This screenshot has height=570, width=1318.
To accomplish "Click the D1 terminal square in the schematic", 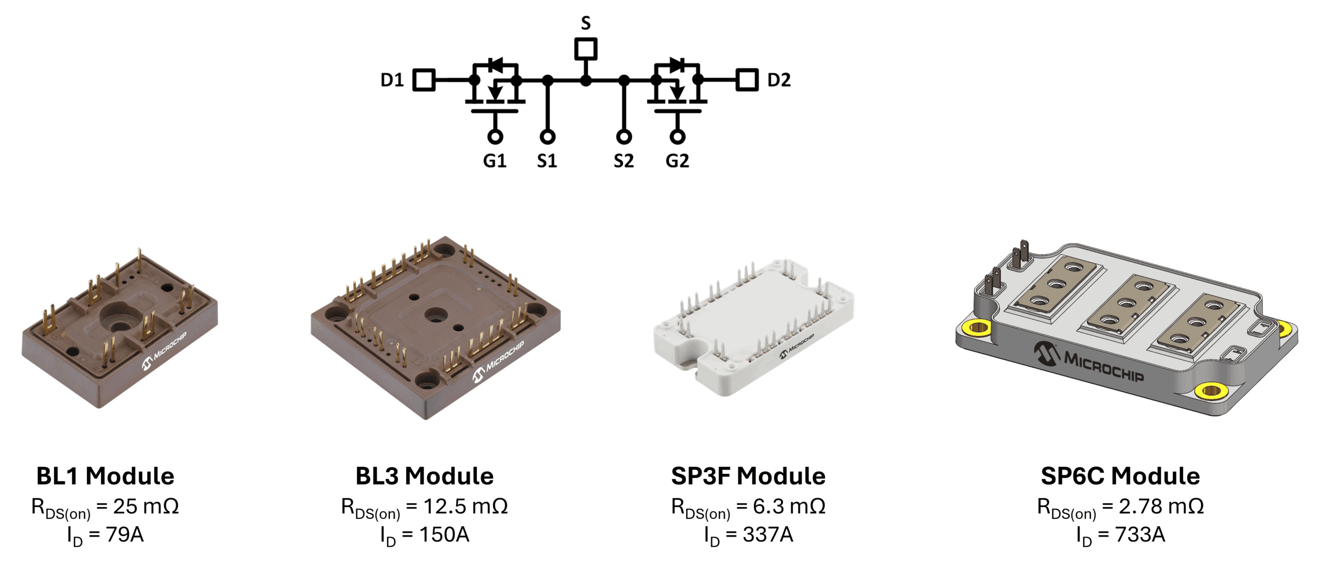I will (424, 80).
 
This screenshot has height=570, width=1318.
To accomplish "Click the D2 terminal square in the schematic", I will (747, 80).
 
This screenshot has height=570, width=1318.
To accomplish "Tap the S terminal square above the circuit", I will (585, 49).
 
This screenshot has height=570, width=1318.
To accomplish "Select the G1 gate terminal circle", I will (495, 137).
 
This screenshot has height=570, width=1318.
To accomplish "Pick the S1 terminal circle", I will (547, 137).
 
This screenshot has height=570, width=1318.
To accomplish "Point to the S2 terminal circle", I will (623, 137).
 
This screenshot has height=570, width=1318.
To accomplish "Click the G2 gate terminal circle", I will (678, 137).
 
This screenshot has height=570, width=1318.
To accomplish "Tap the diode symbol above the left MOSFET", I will (496, 65).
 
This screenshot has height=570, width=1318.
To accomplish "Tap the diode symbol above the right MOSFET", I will (677, 65).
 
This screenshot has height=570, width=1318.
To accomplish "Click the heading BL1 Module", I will (105, 476).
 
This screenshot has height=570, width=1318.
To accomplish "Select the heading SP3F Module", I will (748, 476).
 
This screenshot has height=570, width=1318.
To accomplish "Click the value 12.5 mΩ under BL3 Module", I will (465, 507).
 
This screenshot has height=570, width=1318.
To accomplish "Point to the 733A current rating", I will (1140, 535).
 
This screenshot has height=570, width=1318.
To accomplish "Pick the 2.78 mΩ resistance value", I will (1161, 507).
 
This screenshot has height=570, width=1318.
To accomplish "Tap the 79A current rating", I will (125, 535).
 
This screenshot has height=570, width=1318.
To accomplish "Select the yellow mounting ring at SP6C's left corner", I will (977, 326).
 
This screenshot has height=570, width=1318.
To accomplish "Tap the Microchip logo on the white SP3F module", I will (797, 346).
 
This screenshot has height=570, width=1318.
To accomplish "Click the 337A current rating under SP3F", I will (768, 535).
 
